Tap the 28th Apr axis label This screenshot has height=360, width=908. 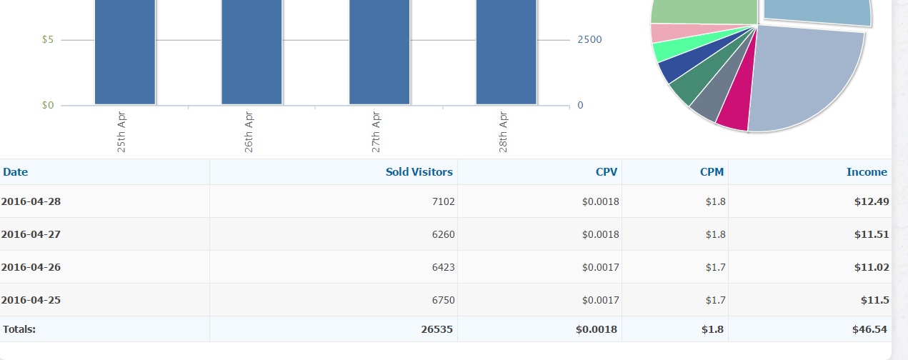504,131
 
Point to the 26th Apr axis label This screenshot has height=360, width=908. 249,131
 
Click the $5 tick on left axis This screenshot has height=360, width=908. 48,40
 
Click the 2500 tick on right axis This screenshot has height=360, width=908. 589,40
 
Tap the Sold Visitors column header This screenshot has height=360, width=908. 419,172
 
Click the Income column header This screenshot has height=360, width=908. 867,172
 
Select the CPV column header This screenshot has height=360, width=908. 607,172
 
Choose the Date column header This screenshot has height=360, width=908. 16,172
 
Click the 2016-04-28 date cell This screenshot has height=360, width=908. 31,201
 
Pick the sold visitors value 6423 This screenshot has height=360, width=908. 443,267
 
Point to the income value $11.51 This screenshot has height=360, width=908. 872,234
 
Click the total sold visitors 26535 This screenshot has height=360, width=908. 436,329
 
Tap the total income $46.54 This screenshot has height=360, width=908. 870,329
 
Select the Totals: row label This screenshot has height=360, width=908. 19,329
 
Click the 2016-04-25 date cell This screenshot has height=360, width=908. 31,300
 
